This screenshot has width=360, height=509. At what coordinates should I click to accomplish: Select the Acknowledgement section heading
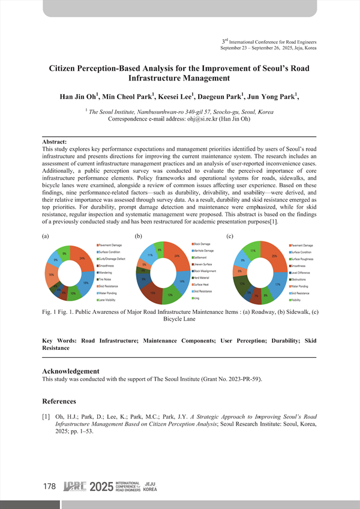pos(70,371)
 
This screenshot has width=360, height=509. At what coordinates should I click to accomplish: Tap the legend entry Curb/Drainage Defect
pos(112,259)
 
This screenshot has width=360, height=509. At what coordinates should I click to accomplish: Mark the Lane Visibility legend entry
pos(110,299)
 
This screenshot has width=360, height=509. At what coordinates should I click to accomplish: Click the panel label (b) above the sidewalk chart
pos(139,236)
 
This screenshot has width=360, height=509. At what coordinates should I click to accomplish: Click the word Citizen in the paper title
pos(66,70)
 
